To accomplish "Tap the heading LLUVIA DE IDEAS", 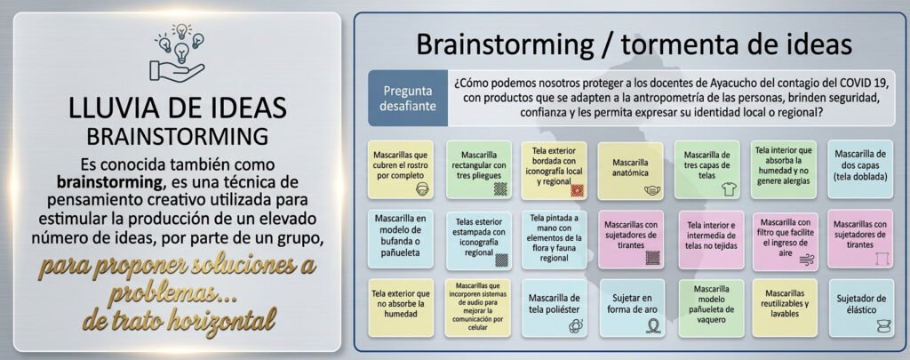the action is coord(178,108).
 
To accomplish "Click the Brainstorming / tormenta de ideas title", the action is coord(635,44).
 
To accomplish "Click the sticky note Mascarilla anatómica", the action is coord(630,171).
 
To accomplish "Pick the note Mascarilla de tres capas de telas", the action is coord(706,170).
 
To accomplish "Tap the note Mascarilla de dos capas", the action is coord(860,169).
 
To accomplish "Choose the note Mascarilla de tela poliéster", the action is coord(555,308).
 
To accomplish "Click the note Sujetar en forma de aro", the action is coord(631,308).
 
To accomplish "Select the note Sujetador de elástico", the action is coord(861,308).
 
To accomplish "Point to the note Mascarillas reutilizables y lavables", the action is coord(786,308).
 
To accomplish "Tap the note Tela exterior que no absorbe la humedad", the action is coord(401,308).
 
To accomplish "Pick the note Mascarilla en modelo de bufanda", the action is coord(401,238).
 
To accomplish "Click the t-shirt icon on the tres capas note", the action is coord(728,188).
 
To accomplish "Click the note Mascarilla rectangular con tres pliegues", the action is coord(478,170).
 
